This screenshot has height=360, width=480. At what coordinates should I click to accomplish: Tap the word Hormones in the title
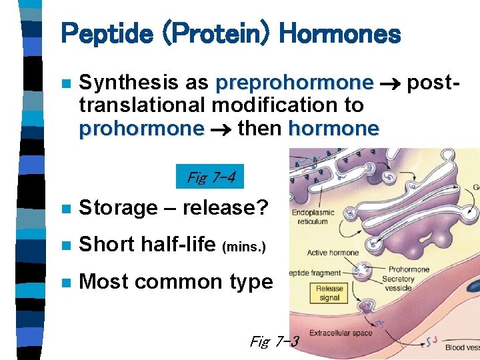339,33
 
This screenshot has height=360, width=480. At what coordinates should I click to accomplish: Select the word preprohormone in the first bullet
294,83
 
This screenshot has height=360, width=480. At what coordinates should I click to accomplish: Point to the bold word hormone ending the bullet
333,127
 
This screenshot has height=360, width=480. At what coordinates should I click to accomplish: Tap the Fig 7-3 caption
274,342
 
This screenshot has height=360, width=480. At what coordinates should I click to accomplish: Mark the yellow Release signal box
329,293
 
